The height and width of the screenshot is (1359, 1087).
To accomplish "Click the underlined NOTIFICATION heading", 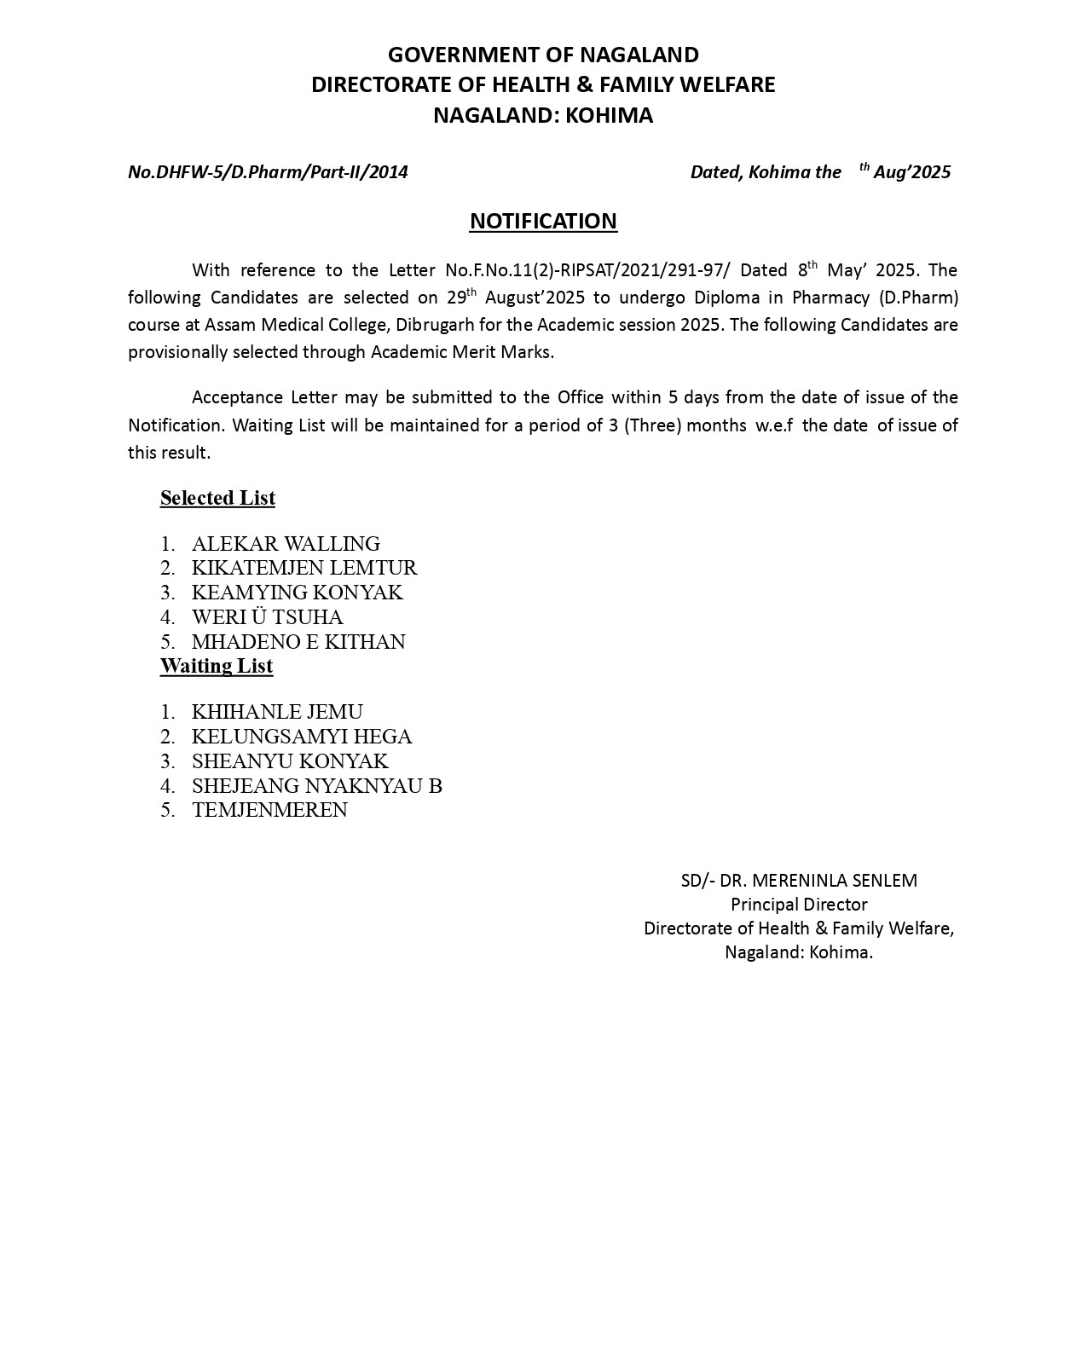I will click(543, 222).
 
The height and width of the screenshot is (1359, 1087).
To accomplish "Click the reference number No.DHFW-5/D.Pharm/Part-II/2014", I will click(268, 172).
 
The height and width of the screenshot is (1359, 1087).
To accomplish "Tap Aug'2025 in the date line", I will click(911, 172).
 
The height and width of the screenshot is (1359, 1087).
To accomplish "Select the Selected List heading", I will click(217, 498).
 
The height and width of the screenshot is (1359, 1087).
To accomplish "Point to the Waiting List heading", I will click(217, 666).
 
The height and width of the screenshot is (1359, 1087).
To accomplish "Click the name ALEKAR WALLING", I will click(286, 544).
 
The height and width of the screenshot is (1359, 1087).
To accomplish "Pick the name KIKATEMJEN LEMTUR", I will click(304, 568).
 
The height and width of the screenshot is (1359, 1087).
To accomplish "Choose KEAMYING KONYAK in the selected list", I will click(297, 593).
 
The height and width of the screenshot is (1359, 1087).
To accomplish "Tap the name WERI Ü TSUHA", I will click(267, 617).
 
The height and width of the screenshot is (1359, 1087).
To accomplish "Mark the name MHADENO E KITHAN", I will click(298, 642).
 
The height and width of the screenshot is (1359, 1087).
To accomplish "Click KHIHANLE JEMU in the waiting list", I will click(277, 712).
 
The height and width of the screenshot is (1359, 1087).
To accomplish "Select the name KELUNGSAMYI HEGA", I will click(302, 737).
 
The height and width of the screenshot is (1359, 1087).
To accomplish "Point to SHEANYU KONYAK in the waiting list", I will click(290, 761).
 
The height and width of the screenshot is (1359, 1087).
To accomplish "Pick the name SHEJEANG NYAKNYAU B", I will click(316, 786).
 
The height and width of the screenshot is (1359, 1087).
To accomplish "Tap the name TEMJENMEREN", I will click(269, 810).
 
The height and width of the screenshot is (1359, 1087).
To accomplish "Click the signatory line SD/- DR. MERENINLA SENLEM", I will click(799, 881).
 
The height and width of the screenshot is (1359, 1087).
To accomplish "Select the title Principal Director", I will click(799, 905).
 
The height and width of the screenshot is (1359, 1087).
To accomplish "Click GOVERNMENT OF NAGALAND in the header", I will click(543, 55).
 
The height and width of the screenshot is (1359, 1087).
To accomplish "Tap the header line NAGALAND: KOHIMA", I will click(543, 116).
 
